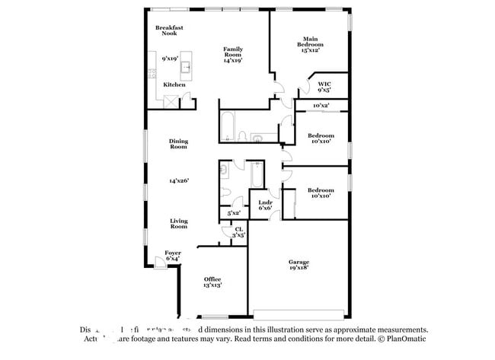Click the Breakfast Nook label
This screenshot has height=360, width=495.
click(169, 30)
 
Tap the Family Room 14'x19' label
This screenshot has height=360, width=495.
click(233, 55)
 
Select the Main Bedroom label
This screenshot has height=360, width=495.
click(310, 44)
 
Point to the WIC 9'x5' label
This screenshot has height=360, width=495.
click(324, 87)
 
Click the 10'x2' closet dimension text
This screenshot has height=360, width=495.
click(321, 106)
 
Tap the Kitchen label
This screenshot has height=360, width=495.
click(174, 84)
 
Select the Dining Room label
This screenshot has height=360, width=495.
click(178, 144)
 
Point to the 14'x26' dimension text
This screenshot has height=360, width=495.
click(178, 180)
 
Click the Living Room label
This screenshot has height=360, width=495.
click(178, 224)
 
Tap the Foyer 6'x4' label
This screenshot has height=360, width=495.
click(173, 256)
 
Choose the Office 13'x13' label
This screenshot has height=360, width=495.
click(212, 282)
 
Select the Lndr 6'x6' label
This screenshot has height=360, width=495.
click(265, 205)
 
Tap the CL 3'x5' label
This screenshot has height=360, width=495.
click(238, 232)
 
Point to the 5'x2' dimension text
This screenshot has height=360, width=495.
click(234, 213)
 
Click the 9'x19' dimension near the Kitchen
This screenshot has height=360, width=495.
click(169, 59)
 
